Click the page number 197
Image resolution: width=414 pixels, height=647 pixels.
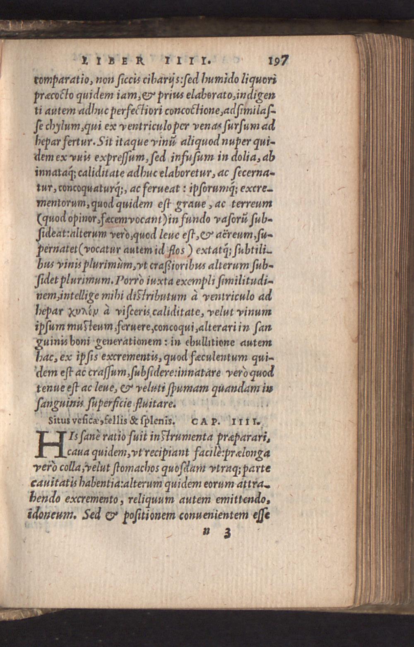click(x=278, y=60)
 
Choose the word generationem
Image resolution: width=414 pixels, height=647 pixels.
click(x=129, y=343)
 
